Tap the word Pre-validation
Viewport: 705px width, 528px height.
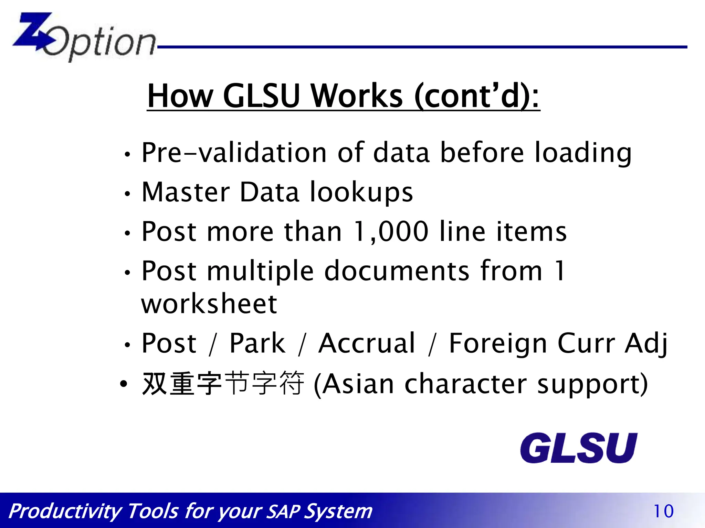[x=234, y=153]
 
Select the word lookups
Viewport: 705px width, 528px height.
[x=361, y=192]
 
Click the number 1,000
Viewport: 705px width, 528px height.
[x=391, y=232]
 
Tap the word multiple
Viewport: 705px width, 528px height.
[x=260, y=272]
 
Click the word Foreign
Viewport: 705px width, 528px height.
[x=498, y=344]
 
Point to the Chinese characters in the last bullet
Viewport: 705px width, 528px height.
[x=223, y=384]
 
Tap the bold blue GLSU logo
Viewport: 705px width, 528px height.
[x=578, y=448]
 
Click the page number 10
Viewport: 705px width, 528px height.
[x=663, y=511]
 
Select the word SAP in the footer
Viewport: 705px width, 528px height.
[x=283, y=511]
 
